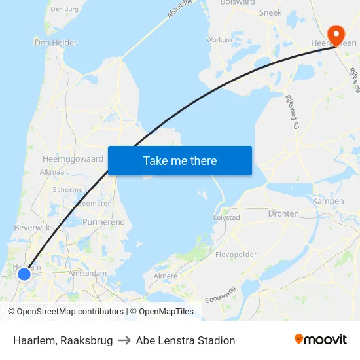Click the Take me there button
tap(180, 160)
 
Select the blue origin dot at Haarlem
tap(24, 274)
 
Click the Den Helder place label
tap(56, 43)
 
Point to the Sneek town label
tap(270, 12)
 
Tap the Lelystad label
tap(227, 217)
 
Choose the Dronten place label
tap(283, 213)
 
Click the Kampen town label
tap(329, 201)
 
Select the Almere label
tap(164, 276)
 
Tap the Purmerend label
tap(103, 222)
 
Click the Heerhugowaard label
tap(73, 158)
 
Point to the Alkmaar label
tap(54, 171)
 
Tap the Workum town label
tap(219, 39)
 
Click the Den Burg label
tap(64, 9)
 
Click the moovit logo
tap(320, 340)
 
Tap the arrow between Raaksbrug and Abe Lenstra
tap(124, 340)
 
